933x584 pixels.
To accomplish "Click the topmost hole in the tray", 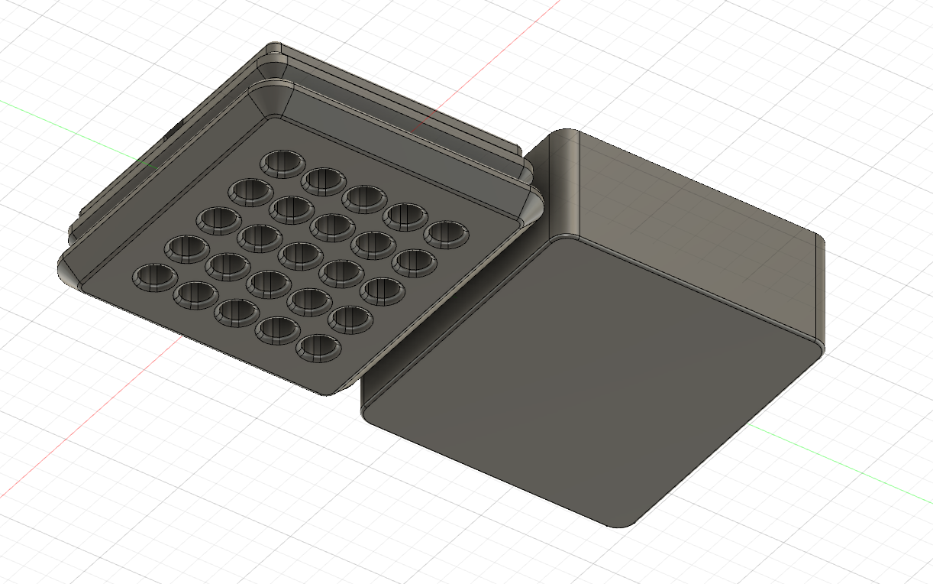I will click(282, 163).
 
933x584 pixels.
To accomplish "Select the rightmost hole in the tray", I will click(447, 234).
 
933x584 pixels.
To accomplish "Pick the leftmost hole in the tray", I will click(156, 276).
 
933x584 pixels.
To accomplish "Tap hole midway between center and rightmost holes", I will click(373, 243).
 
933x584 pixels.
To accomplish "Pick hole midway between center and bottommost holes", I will click(308, 300).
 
